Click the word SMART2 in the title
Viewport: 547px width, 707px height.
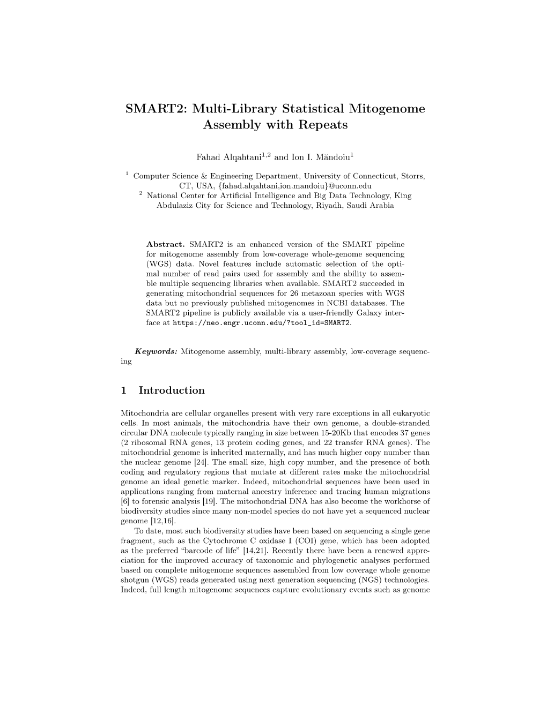coord(147,109)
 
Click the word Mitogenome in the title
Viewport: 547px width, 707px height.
coord(387,109)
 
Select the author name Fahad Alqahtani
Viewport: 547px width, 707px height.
coord(228,157)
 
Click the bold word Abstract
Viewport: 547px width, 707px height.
coord(166,244)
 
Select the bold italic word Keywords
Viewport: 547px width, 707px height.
coord(156,351)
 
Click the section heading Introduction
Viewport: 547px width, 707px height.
coord(172,390)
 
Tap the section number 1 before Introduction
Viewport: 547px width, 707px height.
coord(124,390)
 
